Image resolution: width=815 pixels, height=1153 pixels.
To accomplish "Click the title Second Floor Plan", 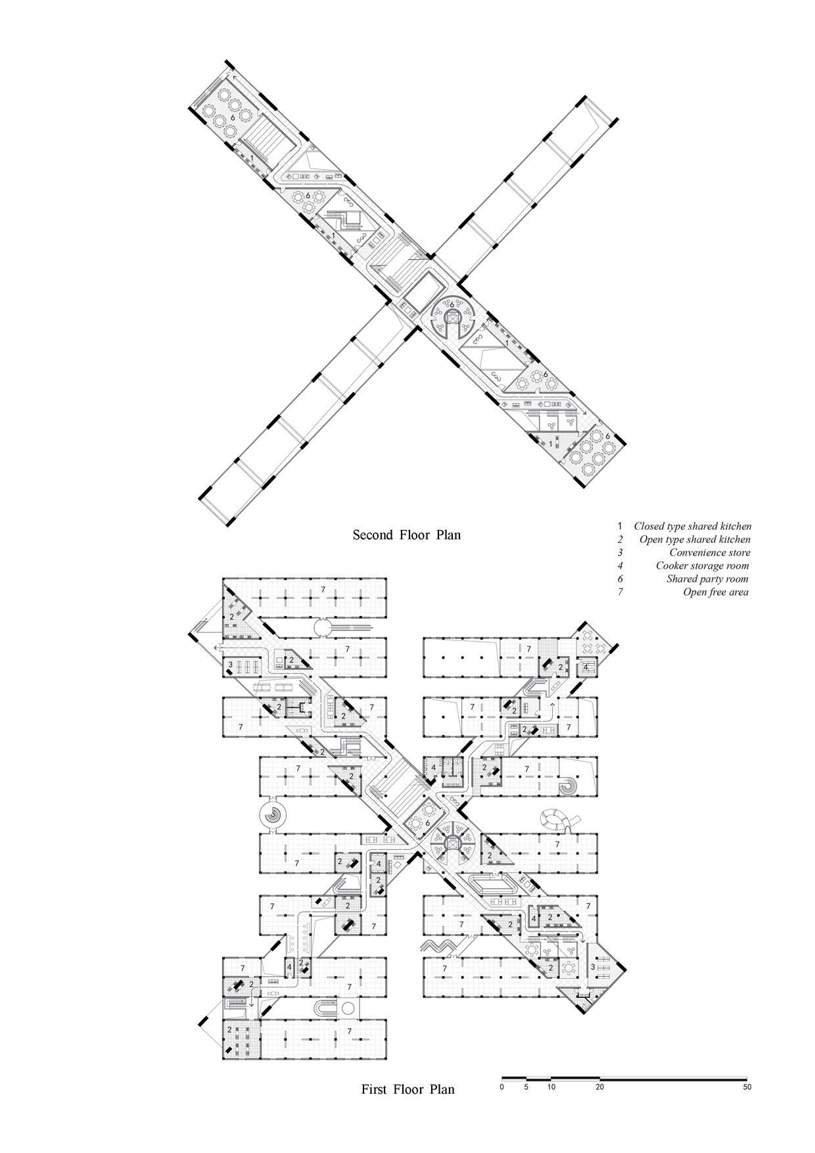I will (x=407, y=534).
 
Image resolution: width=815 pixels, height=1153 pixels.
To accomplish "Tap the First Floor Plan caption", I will (x=407, y=1089).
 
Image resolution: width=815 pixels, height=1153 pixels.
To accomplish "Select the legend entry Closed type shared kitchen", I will (x=692, y=526).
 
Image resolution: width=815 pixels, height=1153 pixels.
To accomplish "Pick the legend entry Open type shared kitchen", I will (x=695, y=539).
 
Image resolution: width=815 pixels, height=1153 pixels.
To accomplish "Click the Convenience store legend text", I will (x=709, y=552).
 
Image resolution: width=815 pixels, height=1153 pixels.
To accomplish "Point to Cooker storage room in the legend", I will (x=702, y=565).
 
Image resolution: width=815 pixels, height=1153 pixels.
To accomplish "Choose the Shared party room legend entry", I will (x=707, y=578).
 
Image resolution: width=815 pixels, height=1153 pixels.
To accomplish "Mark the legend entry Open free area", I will (x=716, y=592).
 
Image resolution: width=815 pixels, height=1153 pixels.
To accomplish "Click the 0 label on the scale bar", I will (x=501, y=1087).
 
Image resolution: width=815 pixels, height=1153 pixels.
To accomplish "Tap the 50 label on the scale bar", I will (x=747, y=1087).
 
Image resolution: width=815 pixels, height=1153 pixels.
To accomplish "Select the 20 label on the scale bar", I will (x=599, y=1087).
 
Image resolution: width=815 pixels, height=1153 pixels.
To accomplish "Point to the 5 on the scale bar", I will (x=526, y=1087).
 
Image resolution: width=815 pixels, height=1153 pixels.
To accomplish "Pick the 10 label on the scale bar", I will (x=551, y=1087).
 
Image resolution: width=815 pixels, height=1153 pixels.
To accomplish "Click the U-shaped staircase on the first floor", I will (x=326, y=1008).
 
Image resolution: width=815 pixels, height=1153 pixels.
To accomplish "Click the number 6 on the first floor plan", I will (x=428, y=822).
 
